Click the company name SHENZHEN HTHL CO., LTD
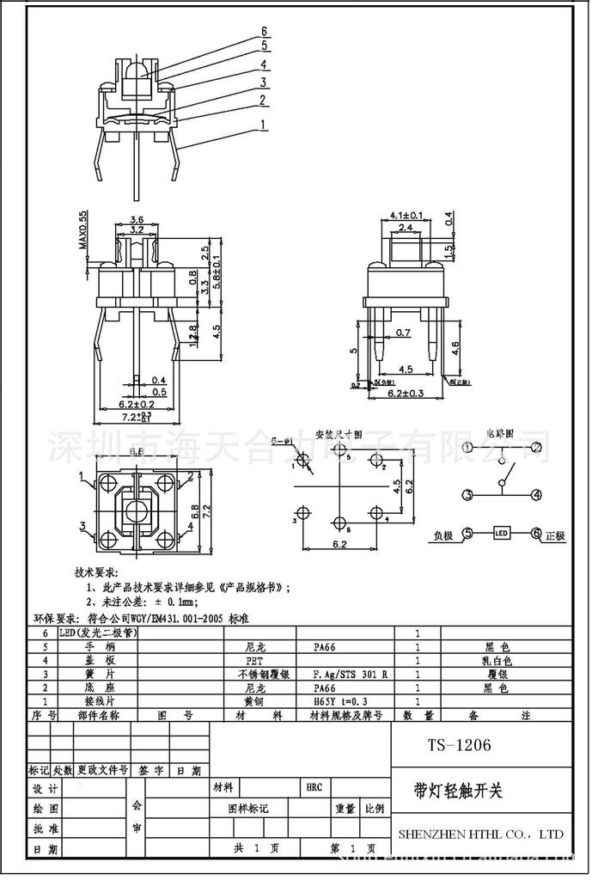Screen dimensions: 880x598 pos(481,834)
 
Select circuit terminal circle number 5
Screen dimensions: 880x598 pos(467,534)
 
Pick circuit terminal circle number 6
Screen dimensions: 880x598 pos(538,534)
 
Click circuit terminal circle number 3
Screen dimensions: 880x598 pos(467,495)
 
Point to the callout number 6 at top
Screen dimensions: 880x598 pos(265,33)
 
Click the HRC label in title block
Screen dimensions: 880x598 pos(313,787)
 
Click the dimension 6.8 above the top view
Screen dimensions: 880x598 pos(136,452)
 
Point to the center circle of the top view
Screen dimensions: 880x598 pos(137,513)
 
